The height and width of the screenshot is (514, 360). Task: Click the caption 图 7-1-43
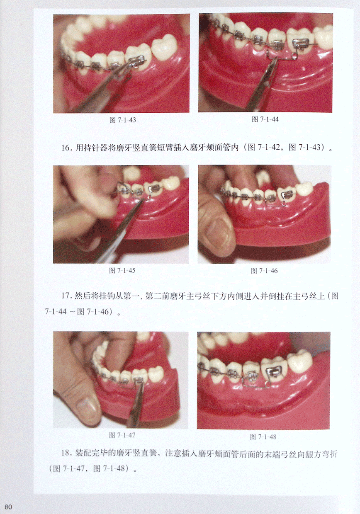point(123,120)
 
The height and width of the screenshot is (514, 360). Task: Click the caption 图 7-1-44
point(265,119)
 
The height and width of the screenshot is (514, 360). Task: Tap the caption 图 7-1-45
point(122,271)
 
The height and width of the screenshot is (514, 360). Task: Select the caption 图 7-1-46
point(264,271)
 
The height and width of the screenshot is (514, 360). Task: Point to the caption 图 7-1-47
point(122,435)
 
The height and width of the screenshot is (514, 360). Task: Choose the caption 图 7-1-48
point(263,436)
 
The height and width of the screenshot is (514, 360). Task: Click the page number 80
point(8,507)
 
